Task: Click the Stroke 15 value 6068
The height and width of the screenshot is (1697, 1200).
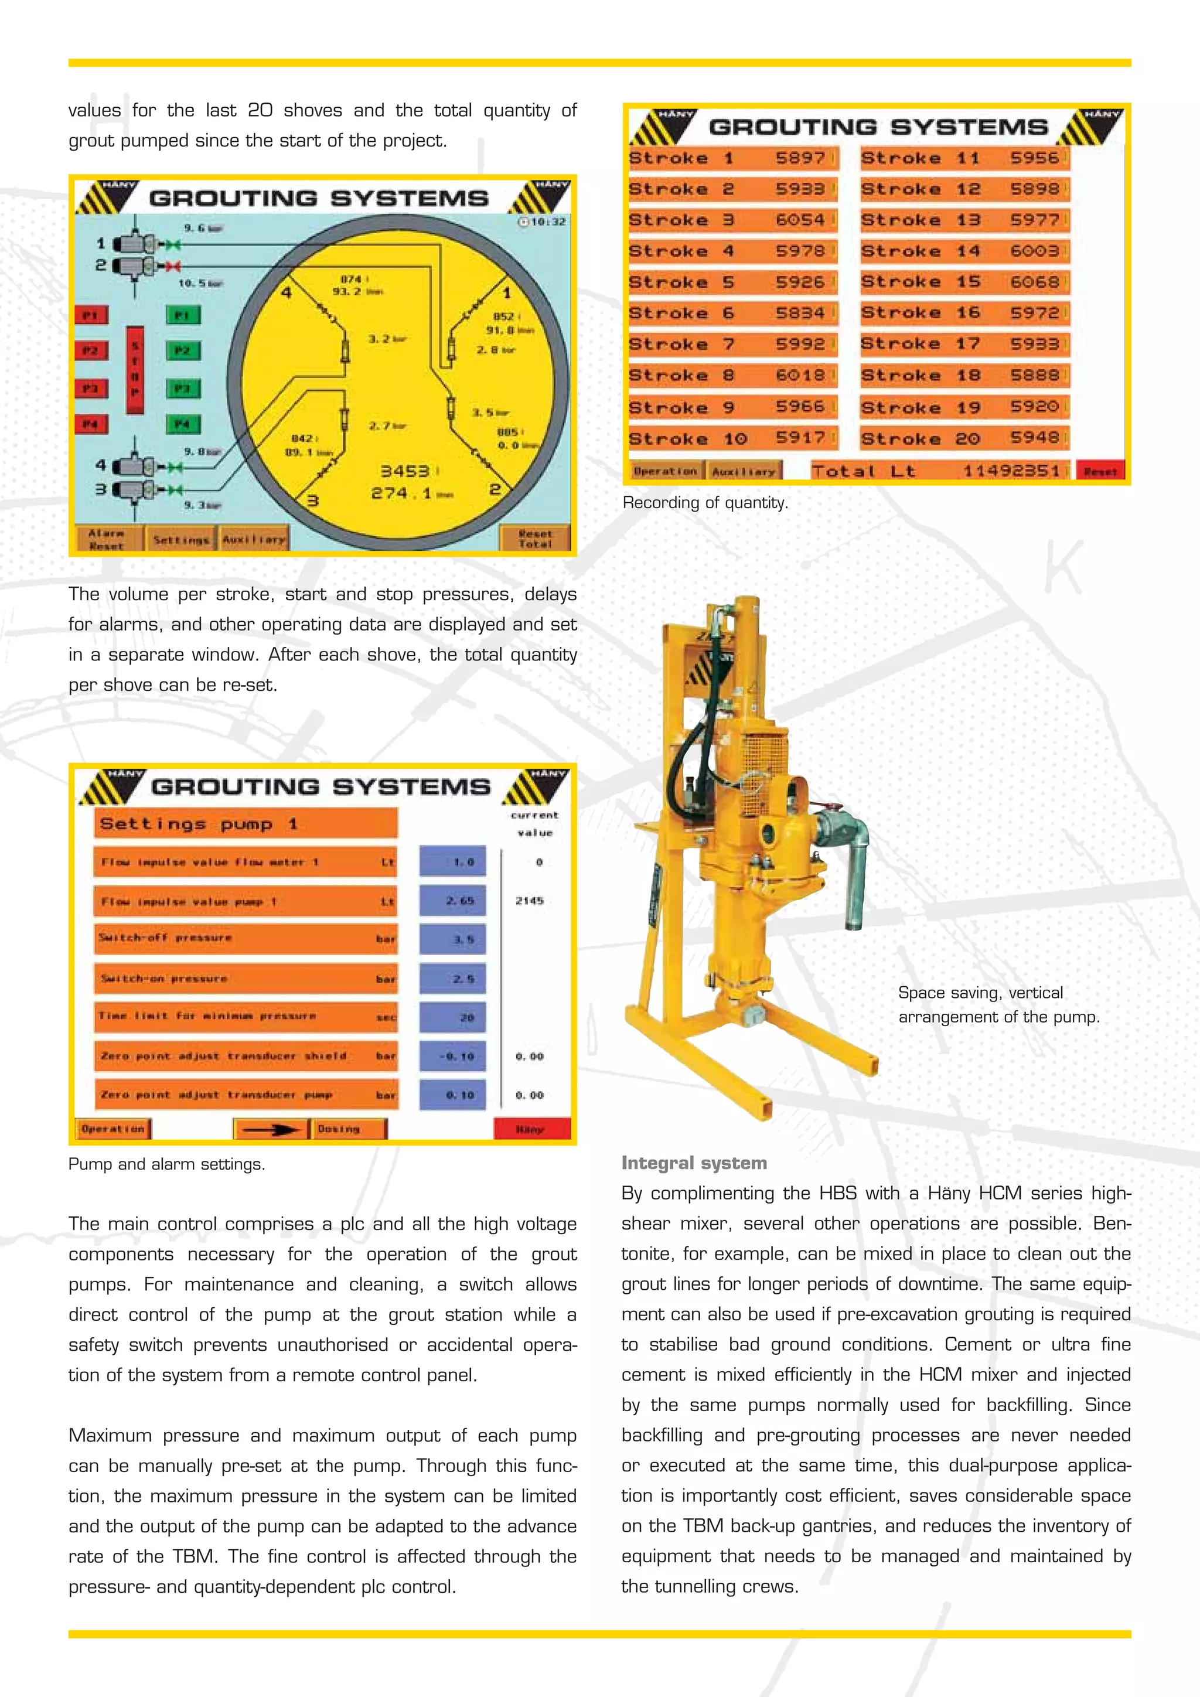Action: click(x=1035, y=282)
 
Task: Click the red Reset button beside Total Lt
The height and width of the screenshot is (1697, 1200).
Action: click(x=1100, y=471)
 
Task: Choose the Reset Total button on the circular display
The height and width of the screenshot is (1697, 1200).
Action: click(x=535, y=538)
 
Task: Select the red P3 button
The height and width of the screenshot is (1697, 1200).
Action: click(x=91, y=388)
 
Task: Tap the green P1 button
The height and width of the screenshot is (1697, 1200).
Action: click(x=182, y=316)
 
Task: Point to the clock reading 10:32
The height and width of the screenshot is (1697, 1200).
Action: click(x=543, y=222)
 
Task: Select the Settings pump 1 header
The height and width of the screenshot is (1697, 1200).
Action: click(x=246, y=823)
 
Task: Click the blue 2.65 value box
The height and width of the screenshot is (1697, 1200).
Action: click(x=453, y=900)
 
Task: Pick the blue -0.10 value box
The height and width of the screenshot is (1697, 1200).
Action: click(x=453, y=1056)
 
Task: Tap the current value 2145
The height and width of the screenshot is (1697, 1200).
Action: click(x=530, y=900)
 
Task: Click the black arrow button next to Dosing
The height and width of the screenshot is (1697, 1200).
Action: click(x=271, y=1129)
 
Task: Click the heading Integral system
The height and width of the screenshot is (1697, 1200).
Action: click(x=694, y=1163)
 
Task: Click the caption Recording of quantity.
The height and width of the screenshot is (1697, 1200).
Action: click(x=705, y=503)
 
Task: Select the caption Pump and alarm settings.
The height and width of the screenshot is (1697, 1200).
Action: click(x=166, y=1164)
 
